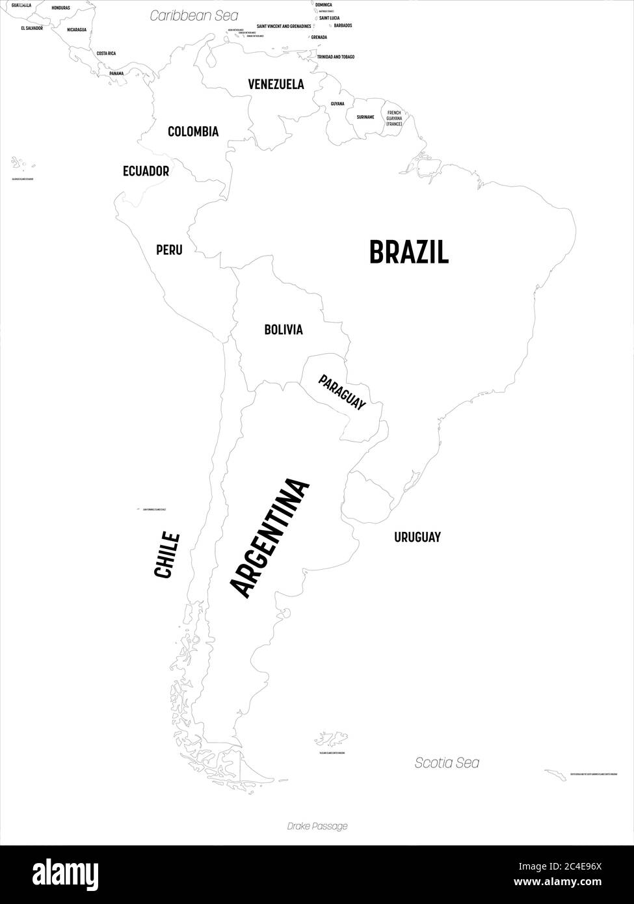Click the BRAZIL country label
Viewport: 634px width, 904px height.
pyautogui.click(x=408, y=252)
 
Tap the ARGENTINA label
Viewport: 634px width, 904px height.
pyautogui.click(x=271, y=538)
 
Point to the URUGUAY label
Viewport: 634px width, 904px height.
pyautogui.click(x=417, y=537)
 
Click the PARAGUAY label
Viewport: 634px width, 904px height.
pyautogui.click(x=342, y=392)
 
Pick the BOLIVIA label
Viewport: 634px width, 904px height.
pyautogui.click(x=283, y=330)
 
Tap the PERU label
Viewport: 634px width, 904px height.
pyautogui.click(x=169, y=250)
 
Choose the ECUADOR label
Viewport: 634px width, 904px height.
pyautogui.click(x=146, y=171)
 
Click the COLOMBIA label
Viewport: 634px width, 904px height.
pyautogui.click(x=193, y=131)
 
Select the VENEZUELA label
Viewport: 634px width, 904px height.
pyautogui.click(x=276, y=84)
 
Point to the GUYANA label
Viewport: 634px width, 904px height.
pyautogui.click(x=337, y=104)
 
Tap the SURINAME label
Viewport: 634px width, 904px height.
pyautogui.click(x=365, y=117)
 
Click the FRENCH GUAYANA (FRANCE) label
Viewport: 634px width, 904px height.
pyautogui.click(x=394, y=118)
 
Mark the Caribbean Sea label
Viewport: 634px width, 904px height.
pyautogui.click(x=194, y=16)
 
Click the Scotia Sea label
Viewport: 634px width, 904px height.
pyautogui.click(x=447, y=763)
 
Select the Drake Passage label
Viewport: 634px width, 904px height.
pyautogui.click(x=317, y=826)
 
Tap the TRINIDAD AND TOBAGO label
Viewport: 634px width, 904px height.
pyautogui.click(x=336, y=57)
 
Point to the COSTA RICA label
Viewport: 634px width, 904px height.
pyautogui.click(x=106, y=53)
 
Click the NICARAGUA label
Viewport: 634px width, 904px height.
pyautogui.click(x=79, y=29)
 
